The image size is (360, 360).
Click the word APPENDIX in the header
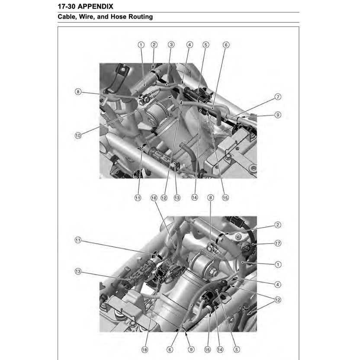(94, 6)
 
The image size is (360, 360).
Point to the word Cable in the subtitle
(67, 17)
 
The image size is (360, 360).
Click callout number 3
(171, 45)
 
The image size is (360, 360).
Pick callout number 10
(78, 135)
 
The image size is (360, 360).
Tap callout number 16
(154, 198)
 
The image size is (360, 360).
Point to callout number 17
(278, 244)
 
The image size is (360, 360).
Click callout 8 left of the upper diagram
(78, 92)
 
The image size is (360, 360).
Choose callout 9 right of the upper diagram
(278, 115)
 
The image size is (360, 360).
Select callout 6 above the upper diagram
(226, 45)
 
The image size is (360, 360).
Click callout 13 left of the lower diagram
(78, 272)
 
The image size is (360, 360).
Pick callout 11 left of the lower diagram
(78, 240)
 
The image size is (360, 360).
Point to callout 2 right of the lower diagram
(278, 225)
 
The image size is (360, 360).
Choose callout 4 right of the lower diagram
(278, 284)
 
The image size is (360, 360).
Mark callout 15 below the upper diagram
(225, 198)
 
